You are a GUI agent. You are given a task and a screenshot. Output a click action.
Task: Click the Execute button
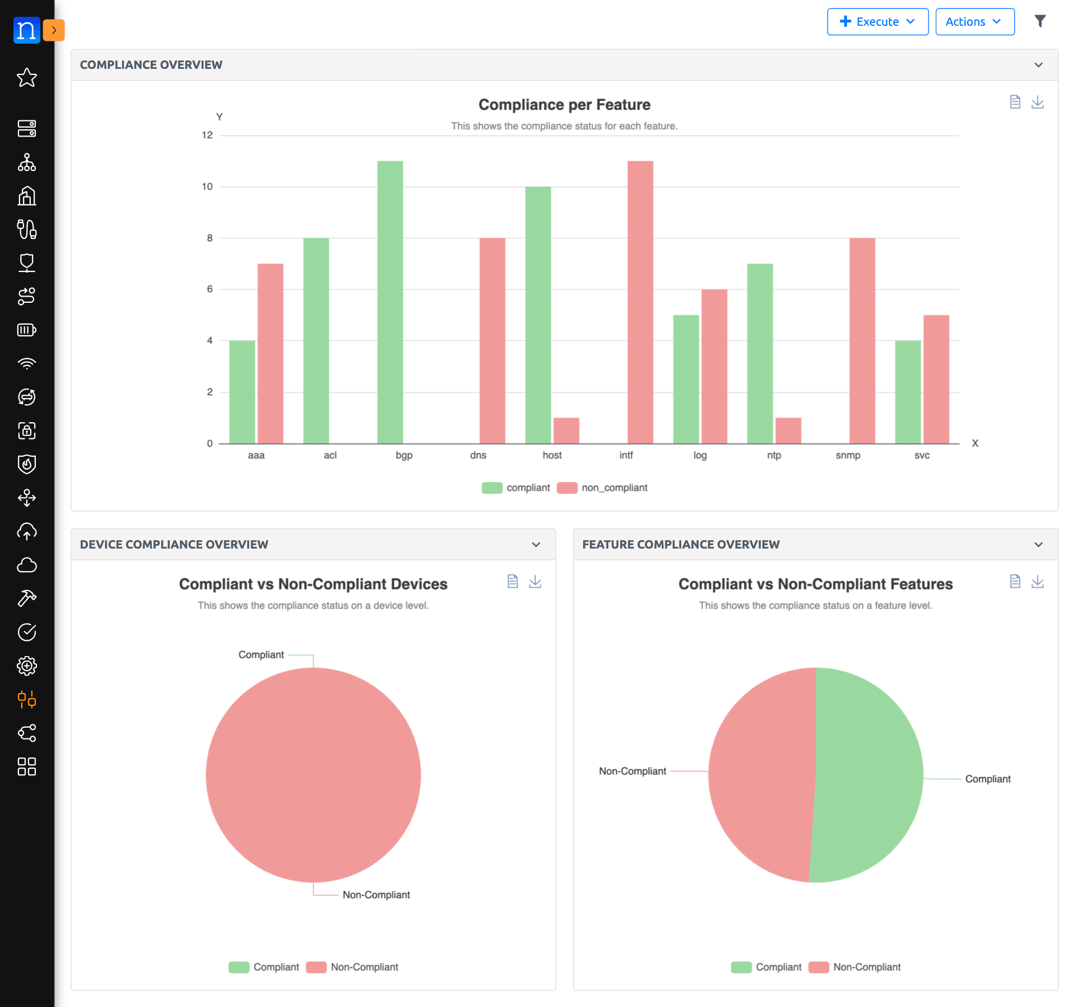click(x=877, y=22)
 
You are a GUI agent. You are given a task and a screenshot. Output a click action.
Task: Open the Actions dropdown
click(x=974, y=22)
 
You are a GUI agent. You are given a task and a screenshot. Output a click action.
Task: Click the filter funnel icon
click(x=1040, y=21)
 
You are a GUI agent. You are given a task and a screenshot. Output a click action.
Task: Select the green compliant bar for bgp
click(x=390, y=302)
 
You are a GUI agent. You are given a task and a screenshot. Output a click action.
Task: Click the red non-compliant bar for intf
click(x=640, y=302)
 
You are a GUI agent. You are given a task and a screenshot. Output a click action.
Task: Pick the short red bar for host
click(x=566, y=430)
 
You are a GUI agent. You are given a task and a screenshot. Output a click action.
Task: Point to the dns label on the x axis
click(x=478, y=455)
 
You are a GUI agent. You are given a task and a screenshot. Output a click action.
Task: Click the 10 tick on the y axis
click(x=207, y=186)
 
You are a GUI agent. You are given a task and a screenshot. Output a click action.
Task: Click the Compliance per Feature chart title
click(x=564, y=105)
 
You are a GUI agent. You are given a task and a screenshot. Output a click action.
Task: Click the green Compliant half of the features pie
click(x=868, y=775)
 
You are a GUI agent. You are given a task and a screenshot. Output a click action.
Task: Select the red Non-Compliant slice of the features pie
click(x=762, y=775)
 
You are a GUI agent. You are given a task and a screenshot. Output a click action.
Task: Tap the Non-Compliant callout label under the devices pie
click(x=376, y=894)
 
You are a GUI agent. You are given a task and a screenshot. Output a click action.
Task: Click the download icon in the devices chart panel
click(x=535, y=582)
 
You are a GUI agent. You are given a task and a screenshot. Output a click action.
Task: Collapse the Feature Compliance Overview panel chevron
click(x=1038, y=545)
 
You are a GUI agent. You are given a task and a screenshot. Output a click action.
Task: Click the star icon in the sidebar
click(x=26, y=77)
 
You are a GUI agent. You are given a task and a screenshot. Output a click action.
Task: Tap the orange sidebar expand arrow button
click(x=54, y=30)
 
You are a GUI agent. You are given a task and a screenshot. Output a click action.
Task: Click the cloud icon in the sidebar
click(x=26, y=565)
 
